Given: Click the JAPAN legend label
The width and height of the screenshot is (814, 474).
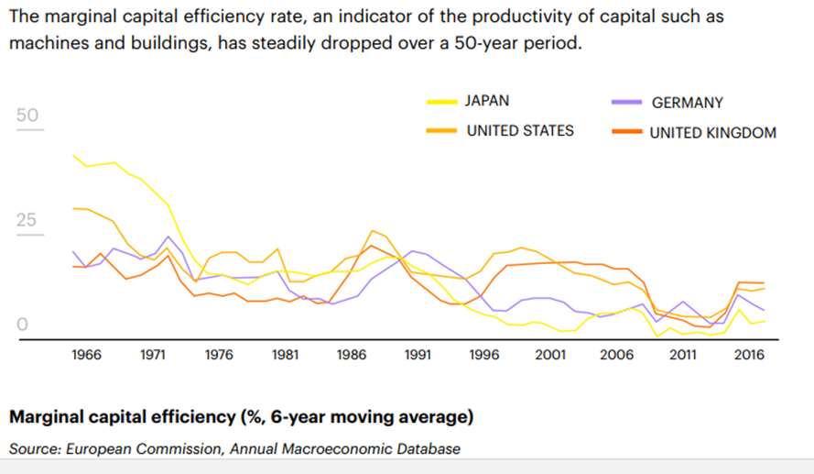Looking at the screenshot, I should pos(486,101).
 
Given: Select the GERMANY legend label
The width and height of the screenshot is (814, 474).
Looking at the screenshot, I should pos(687,104).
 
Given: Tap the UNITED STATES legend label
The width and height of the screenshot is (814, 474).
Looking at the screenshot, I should pos(520,130).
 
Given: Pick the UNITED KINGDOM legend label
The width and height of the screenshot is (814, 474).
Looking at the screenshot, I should pos(712,133).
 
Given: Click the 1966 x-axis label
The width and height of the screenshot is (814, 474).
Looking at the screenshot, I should pos(87,356).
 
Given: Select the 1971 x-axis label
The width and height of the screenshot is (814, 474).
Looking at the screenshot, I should pos(153,356).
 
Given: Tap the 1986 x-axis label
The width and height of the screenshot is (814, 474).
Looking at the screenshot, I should pos(353,356).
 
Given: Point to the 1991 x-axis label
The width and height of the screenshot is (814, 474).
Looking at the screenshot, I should pos(418,356).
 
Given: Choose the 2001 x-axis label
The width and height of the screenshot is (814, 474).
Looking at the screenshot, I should pos(550,356).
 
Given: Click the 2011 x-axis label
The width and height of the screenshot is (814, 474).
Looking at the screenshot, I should pos(683,356).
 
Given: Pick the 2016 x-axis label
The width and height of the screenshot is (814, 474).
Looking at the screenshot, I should pos(749,356).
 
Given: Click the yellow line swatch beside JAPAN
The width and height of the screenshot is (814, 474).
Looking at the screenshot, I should pos(440,102).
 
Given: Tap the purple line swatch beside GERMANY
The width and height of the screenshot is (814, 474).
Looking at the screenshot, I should pos(624,104).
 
